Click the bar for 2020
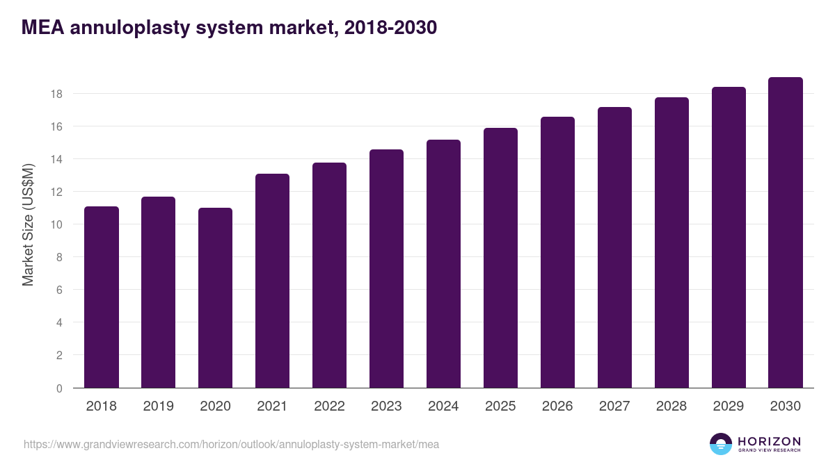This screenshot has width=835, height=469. pyautogui.click(x=216, y=298)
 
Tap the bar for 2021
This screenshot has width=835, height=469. pyautogui.click(x=273, y=281)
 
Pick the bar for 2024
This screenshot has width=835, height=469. pyautogui.click(x=443, y=264)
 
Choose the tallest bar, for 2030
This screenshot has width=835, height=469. pyautogui.click(x=786, y=233)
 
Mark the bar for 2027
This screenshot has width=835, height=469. pyautogui.click(x=614, y=247)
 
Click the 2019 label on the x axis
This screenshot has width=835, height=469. pyautogui.click(x=159, y=406)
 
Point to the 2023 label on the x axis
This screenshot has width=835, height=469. pyautogui.click(x=386, y=406)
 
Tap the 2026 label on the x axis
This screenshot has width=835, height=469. pyautogui.click(x=557, y=406)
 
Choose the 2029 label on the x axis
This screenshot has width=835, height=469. pyautogui.click(x=729, y=406)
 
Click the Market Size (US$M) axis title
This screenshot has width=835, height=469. pyautogui.click(x=29, y=224)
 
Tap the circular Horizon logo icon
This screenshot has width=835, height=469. pyautogui.click(x=721, y=444)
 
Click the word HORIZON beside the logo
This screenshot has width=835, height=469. pyautogui.click(x=769, y=441)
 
